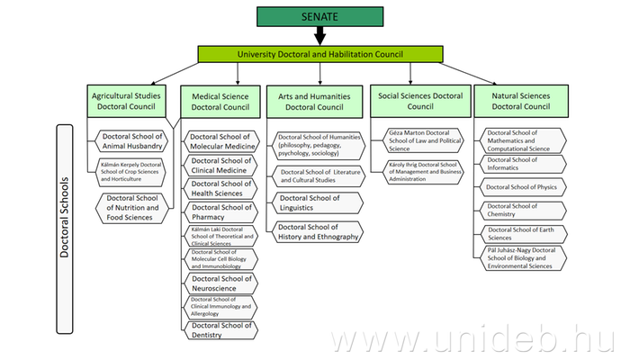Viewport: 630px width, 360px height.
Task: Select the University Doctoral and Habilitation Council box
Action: [319, 54]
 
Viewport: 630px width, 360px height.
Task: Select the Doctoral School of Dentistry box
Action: [221, 330]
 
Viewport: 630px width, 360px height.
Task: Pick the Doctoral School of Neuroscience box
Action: [221, 283]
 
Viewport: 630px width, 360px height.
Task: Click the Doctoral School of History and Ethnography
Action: [316, 231]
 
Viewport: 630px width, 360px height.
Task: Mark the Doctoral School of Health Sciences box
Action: [221, 188]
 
